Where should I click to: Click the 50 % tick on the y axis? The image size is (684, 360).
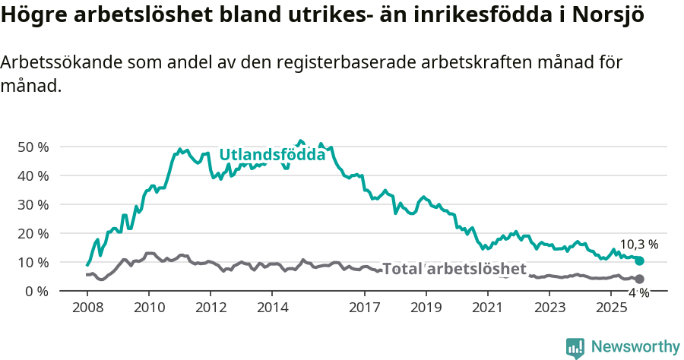[33, 147]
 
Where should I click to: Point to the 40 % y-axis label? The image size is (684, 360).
[33, 175]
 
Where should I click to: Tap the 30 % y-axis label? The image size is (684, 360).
[33, 204]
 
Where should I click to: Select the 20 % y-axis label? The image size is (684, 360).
[33, 233]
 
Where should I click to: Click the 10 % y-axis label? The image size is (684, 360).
[33, 262]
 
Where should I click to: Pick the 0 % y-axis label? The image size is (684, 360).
[36, 291]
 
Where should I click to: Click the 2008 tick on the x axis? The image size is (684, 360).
[87, 308]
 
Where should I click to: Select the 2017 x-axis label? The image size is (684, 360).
[365, 308]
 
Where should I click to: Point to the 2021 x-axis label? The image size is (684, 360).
[488, 308]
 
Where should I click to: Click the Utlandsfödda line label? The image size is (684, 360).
[272, 155]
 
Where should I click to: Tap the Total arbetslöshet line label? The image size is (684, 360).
[454, 269]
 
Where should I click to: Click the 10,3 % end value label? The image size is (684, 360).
[638, 245]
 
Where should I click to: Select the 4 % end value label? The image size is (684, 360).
[638, 292]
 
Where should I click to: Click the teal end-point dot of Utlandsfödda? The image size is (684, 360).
[639, 261]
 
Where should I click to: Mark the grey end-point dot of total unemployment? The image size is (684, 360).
[639, 279]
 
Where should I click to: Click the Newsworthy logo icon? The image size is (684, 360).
[575, 347]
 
